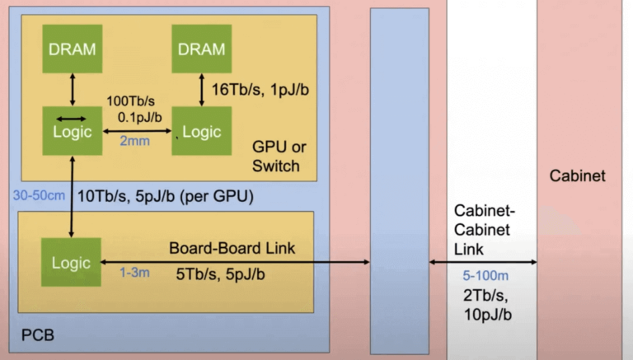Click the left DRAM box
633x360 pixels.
click(73, 49)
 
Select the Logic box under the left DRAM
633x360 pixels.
click(73, 131)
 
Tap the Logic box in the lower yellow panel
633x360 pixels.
click(72, 262)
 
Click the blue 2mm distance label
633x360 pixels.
click(135, 142)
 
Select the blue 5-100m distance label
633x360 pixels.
click(480, 278)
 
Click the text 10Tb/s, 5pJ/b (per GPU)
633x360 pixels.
click(165, 197)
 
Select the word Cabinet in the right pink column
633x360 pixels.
click(577, 175)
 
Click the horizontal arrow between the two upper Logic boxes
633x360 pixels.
click(137, 130)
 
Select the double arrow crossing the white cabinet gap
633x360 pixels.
click(483, 263)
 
